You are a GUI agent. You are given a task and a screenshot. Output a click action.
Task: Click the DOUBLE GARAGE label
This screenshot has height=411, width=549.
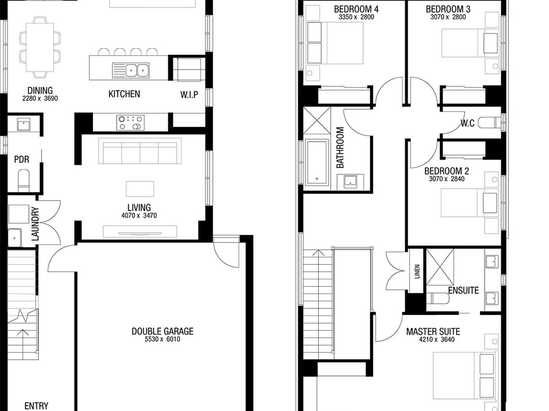click(x=162, y=331)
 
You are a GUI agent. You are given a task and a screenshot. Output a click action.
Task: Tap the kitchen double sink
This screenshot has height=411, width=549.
click(x=131, y=70)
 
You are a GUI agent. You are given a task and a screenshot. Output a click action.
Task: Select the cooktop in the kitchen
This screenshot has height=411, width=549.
click(x=130, y=123)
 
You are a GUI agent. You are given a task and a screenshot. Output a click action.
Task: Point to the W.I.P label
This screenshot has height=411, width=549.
click(x=189, y=95)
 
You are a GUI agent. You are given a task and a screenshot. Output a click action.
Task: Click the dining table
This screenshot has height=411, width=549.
click(x=40, y=47)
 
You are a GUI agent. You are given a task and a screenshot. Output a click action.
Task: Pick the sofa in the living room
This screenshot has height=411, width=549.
click(x=140, y=151)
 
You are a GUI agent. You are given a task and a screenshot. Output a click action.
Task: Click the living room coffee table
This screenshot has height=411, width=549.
click(x=140, y=189)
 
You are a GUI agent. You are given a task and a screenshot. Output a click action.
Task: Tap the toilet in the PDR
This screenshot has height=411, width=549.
click(x=24, y=181)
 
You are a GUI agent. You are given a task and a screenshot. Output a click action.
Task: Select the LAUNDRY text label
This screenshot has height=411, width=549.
click(x=35, y=224)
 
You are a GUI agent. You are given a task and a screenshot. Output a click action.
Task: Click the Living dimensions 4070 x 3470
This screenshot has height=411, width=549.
click(x=139, y=216)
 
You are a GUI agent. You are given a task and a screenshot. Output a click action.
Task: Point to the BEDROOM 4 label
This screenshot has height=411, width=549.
click(x=356, y=9)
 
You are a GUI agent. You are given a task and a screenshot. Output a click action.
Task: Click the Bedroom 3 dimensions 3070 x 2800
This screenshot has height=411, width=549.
click(x=448, y=17)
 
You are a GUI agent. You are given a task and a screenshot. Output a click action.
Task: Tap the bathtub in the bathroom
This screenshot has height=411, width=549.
click(x=317, y=163)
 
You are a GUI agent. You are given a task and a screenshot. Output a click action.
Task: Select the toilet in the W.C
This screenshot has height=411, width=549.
click(x=490, y=123)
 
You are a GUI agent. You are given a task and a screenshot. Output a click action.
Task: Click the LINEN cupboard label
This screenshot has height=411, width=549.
click(x=417, y=272)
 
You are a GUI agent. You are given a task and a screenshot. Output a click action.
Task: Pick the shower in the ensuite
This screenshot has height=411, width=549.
click(x=440, y=267)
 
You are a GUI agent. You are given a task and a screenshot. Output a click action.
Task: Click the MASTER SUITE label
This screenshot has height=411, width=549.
click(x=433, y=332)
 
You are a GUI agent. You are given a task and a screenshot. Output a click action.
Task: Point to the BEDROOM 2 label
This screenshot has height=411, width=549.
click(x=447, y=171)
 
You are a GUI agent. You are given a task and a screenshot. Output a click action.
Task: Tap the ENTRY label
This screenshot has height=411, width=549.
click(x=36, y=406)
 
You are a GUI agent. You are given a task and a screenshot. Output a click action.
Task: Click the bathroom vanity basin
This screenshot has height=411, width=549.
click(x=350, y=181)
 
